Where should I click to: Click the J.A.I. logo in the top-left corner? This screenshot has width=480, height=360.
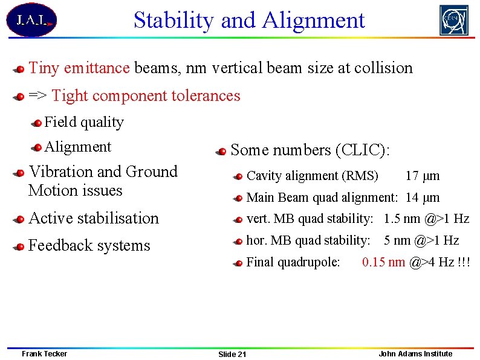pos(31,20)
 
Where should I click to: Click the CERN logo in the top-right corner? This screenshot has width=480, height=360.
pos(453,21)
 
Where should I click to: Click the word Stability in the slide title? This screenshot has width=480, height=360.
pos(174,21)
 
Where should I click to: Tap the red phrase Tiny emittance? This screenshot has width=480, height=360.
pos(79,68)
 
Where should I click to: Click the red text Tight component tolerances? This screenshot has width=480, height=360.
pos(146,95)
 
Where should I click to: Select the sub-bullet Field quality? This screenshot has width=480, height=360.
pos(84,122)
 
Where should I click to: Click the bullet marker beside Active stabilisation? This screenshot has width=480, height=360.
pos(20,219)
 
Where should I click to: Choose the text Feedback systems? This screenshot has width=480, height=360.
pos(89,246)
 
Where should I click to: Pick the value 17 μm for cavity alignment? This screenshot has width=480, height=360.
pos(422,176)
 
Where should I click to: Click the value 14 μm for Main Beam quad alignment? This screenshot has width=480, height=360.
pos(422,198)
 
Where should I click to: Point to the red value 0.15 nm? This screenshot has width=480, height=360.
pos(383,262)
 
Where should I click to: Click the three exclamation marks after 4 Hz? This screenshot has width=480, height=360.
pos(464,262)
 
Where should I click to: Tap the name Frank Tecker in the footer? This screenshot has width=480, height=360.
pos(44,353)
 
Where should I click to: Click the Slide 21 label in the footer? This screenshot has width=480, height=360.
pos(232,354)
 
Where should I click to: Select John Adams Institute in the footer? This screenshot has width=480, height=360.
pos(415,353)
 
